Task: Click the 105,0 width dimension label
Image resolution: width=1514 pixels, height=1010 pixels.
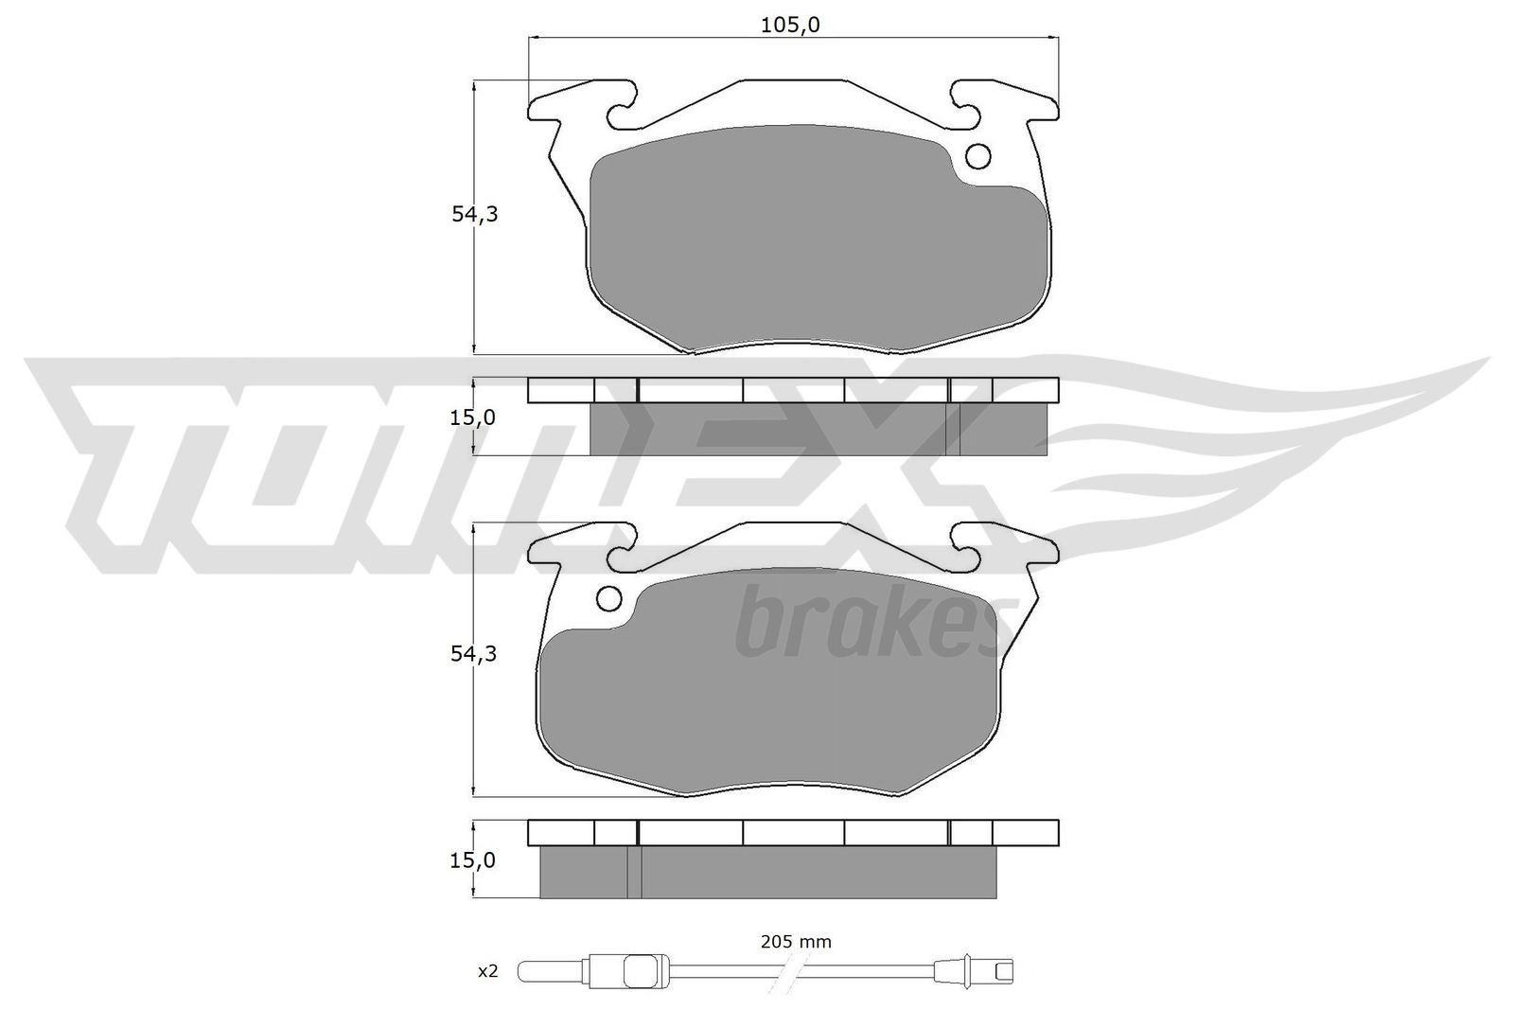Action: click(x=789, y=26)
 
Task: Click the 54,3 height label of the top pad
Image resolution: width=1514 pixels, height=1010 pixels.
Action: click(x=474, y=215)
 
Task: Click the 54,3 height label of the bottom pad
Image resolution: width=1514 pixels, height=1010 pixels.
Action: click(x=474, y=654)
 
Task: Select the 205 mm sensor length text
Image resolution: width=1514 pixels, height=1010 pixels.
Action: click(x=795, y=942)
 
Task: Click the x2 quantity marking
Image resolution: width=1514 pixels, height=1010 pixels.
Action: click(x=487, y=972)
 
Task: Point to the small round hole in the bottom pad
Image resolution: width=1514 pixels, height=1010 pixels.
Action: click(x=609, y=598)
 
